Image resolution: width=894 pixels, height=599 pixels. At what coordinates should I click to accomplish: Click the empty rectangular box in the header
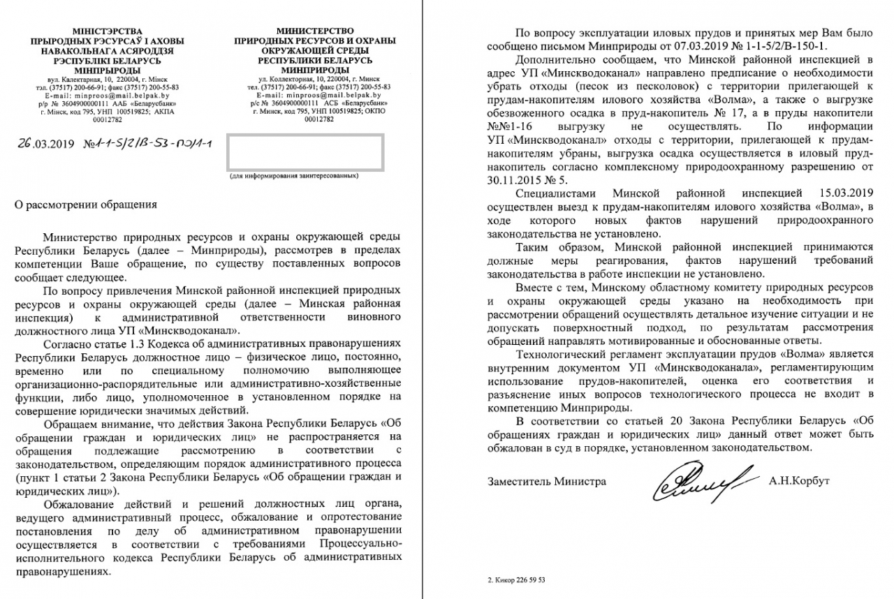coord(303,151)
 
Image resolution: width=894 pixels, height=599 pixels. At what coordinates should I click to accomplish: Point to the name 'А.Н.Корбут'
coord(798,482)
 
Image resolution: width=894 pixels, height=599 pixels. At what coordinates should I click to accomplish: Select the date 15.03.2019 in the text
coord(845,192)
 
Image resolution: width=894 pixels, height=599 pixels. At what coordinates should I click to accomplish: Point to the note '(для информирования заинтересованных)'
coord(293,176)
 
